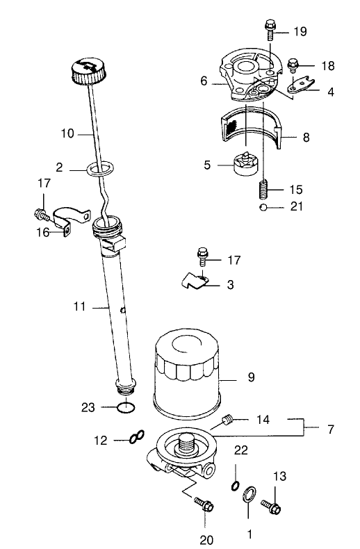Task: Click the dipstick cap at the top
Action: (88, 72)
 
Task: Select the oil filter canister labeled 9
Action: (188, 374)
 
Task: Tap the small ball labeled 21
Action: (263, 207)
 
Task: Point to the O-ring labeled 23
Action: (126, 407)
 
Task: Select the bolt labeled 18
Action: (293, 65)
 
